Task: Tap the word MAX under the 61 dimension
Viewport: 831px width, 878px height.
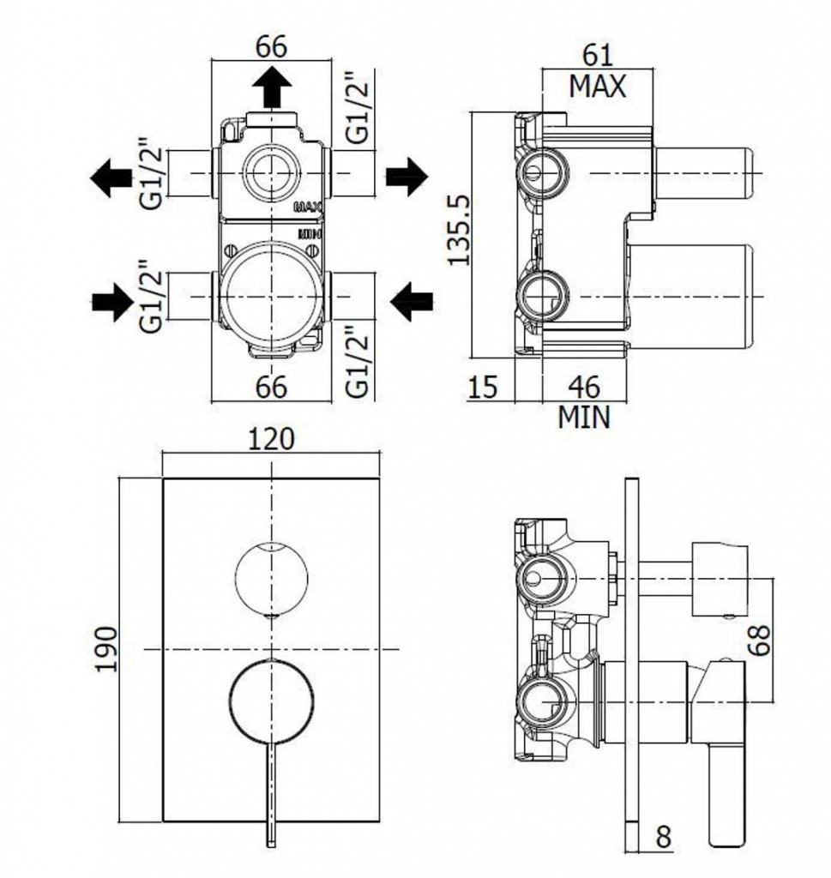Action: pos(598,87)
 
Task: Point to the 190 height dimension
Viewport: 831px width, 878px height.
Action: pos(106,649)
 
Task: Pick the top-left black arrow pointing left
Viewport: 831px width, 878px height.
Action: pos(107,177)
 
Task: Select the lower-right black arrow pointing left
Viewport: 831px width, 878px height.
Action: pos(410,301)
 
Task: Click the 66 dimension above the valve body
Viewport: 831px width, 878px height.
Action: pos(271,46)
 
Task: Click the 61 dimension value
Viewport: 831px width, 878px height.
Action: pos(599,54)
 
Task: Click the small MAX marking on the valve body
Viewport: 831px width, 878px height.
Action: pos(307,207)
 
